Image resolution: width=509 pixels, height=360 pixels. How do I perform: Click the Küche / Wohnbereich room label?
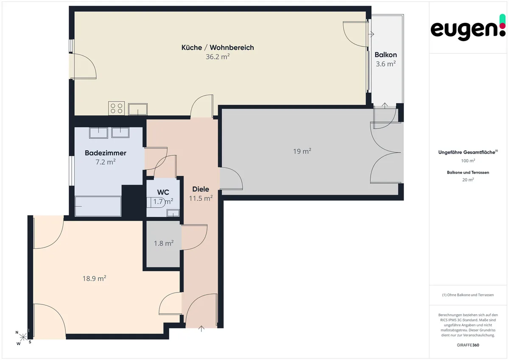click(x=218, y=48)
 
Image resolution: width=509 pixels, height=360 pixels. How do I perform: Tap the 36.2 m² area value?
click(x=218, y=56)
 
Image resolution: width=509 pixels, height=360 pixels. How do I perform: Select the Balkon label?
click(x=386, y=55)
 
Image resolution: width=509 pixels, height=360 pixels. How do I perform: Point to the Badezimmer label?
click(x=106, y=153)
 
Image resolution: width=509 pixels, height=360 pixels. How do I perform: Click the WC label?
click(x=163, y=192)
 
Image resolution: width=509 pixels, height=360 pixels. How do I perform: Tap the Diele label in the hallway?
click(x=201, y=189)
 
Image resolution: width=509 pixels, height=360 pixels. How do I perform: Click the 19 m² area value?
click(x=302, y=151)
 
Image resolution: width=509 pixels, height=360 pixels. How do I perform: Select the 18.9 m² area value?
click(x=94, y=278)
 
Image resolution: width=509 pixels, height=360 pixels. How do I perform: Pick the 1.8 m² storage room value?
click(x=164, y=243)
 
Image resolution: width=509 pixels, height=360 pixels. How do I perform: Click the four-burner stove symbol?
click(x=116, y=108)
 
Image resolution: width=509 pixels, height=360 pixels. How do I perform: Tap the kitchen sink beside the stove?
click(x=138, y=109)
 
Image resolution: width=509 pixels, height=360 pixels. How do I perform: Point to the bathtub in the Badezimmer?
click(x=98, y=206)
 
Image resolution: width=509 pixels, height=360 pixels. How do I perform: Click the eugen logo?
click(x=468, y=28)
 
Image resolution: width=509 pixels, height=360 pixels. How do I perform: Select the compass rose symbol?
click(x=23, y=337)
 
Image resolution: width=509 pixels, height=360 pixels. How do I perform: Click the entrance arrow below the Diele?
click(x=201, y=329)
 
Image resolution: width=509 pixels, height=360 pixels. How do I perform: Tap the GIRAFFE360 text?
click(x=468, y=345)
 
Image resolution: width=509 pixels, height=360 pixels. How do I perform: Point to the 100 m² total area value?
click(x=468, y=161)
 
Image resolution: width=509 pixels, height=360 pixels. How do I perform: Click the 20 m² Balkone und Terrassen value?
click(x=468, y=180)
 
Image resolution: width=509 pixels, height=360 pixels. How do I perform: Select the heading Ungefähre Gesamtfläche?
click(x=468, y=152)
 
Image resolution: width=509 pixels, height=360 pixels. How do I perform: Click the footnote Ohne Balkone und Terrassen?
click(x=468, y=295)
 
